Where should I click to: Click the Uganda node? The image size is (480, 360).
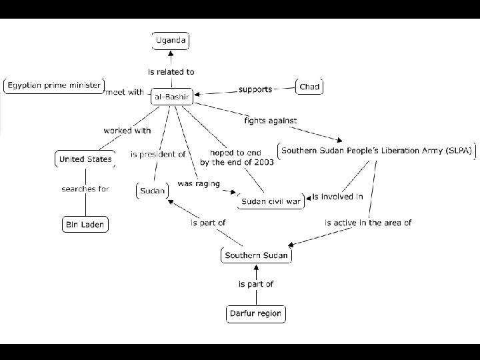tap(171, 41)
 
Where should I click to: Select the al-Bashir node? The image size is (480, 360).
tap(172, 97)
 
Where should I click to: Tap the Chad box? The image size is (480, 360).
tap(309, 87)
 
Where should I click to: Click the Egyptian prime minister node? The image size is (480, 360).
tap(53, 85)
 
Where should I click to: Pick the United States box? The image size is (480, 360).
tap(85, 159)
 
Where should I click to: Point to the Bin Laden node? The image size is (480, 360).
tap(84, 225)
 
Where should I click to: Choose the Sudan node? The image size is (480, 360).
tap(152, 191)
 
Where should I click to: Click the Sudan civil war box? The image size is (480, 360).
tap(271, 201)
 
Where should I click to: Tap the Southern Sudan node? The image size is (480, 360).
tap(256, 255)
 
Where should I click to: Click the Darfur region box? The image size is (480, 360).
tap(255, 313)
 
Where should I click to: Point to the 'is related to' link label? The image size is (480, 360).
tap(171, 71)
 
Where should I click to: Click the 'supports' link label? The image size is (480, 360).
tap(255, 89)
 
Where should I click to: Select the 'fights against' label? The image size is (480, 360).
tap(270, 121)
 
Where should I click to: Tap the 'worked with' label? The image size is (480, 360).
tap(127, 131)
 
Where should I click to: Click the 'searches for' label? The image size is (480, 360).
tap(85, 189)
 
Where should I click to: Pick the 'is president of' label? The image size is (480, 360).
tap(158, 154)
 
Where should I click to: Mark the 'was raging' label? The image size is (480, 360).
tap(198, 183)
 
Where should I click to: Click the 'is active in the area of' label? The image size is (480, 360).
tap(368, 223)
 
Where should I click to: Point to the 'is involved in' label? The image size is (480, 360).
tap(337, 197)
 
